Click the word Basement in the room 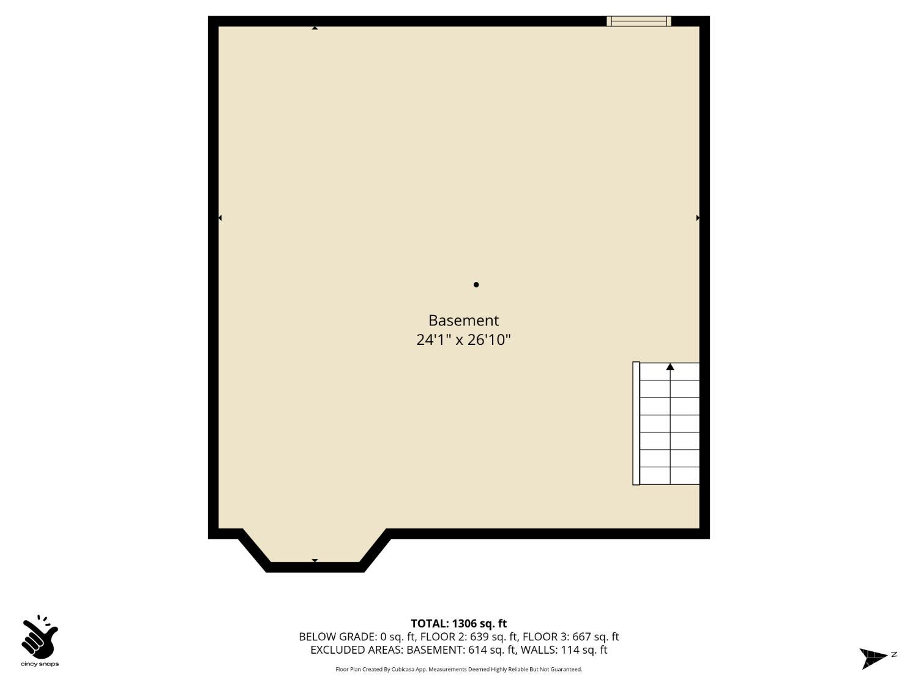click(x=463, y=320)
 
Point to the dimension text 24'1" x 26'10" click(x=463, y=339)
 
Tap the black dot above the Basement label click(x=476, y=284)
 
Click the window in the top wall click(x=638, y=21)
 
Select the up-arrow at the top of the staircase click(x=670, y=367)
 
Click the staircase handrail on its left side click(x=636, y=423)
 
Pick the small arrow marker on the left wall click(x=220, y=218)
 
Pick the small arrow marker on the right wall click(x=698, y=218)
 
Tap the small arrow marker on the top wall click(x=315, y=28)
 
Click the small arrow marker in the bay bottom click(x=315, y=560)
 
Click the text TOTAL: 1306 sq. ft click(x=458, y=624)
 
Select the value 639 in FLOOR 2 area click(x=480, y=637)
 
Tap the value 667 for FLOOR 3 click(x=582, y=637)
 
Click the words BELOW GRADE click(x=337, y=637)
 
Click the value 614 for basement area click(x=478, y=650)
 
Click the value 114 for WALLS click(x=570, y=650)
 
